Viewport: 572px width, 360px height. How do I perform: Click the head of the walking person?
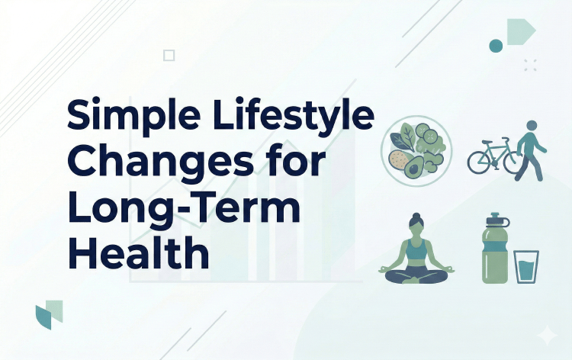click(x=531, y=127)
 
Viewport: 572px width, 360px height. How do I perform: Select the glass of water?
click(x=526, y=267)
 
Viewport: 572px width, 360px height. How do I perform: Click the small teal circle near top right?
click(x=496, y=46)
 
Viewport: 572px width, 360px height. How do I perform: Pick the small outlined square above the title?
click(x=169, y=55)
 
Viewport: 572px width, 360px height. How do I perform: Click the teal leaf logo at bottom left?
click(x=48, y=314)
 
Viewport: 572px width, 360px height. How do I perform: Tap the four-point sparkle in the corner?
click(x=547, y=336)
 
